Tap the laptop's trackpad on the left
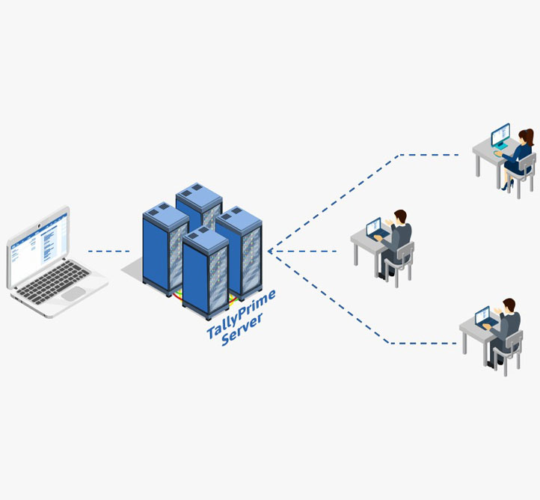tap(74, 293)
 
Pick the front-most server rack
tap(205, 273)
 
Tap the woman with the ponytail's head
tap(527, 136)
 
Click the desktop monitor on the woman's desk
tap(500, 135)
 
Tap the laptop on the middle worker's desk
tap(374, 227)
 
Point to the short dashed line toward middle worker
tap(307, 251)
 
